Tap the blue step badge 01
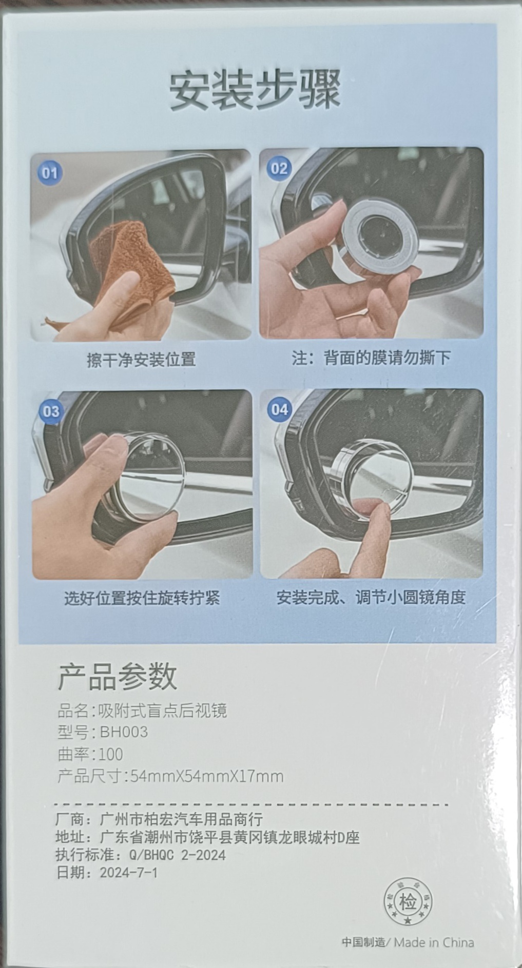click(x=50, y=172)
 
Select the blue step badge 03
click(x=51, y=411)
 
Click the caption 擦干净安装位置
click(x=141, y=360)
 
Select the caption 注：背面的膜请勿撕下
click(x=371, y=358)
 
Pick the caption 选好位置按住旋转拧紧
click(x=142, y=598)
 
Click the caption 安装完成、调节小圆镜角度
click(x=371, y=597)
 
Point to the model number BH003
click(x=124, y=732)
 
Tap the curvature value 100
click(x=111, y=754)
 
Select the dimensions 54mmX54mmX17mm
click(x=207, y=776)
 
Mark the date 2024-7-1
click(x=129, y=872)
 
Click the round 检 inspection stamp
click(x=409, y=902)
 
